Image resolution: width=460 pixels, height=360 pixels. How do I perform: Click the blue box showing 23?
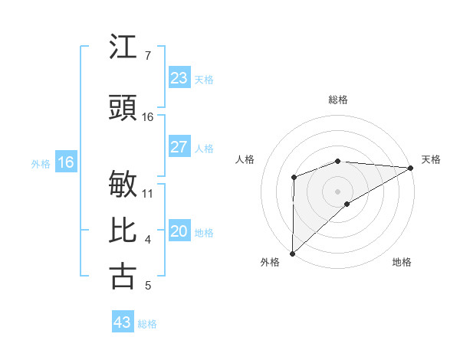coord(179,78)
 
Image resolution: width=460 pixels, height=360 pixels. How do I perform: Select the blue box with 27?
coord(179,147)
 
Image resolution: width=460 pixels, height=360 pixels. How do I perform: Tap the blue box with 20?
coord(179,232)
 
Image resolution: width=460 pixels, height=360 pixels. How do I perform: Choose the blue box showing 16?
coord(66,162)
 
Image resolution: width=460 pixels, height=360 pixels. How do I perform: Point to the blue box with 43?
coord(122,322)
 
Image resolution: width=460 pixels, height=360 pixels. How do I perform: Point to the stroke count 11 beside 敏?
coord(148,193)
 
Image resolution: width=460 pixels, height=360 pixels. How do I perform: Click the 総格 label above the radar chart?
coord(337,100)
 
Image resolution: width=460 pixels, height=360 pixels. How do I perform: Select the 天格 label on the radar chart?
coord(431,159)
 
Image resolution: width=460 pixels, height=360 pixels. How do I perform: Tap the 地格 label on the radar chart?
coord(402,262)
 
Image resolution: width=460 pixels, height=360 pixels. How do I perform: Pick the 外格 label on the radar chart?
coord(270,262)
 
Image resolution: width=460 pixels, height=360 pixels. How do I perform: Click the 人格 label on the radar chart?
coord(245,159)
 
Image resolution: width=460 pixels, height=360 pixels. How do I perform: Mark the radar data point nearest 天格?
coord(411,168)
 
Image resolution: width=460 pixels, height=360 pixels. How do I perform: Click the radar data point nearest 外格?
coord(292,253)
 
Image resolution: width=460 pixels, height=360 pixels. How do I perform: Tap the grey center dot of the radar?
coord(337,191)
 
